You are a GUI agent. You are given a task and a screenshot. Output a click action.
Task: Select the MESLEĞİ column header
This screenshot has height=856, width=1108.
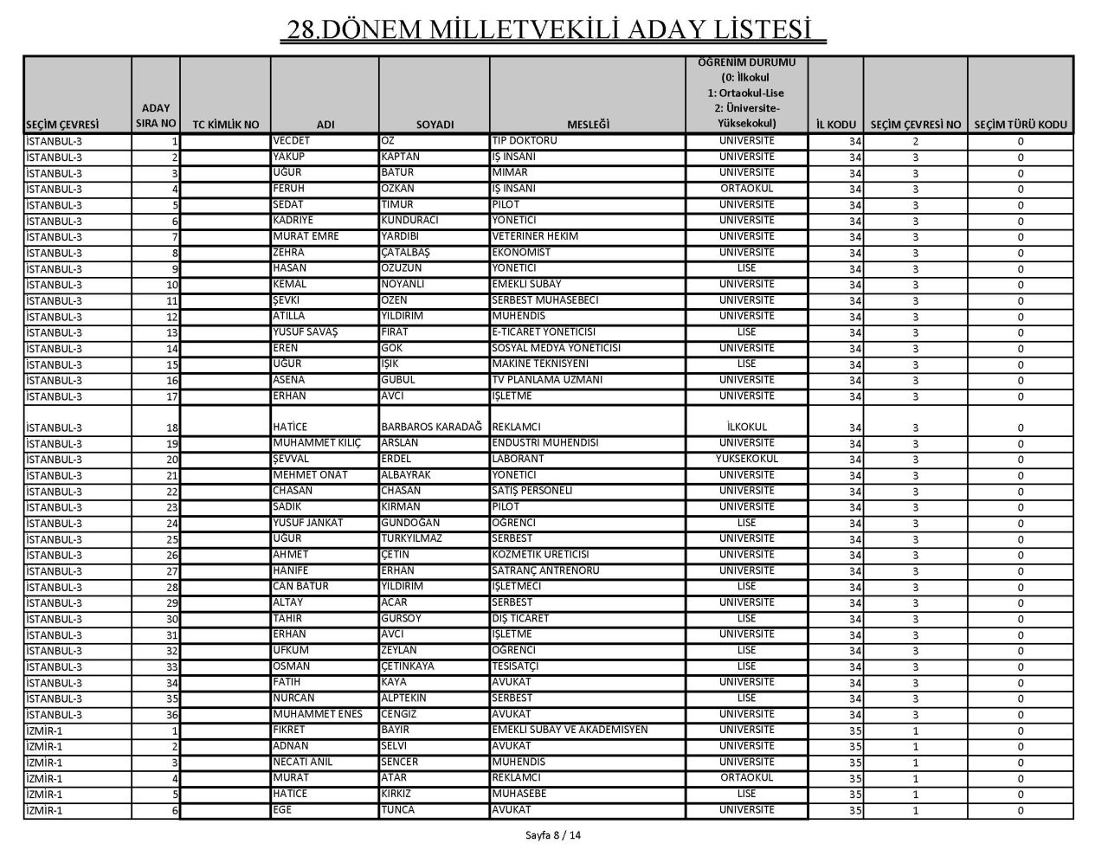(x=588, y=125)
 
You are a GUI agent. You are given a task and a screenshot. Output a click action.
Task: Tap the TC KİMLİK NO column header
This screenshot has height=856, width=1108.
(x=225, y=125)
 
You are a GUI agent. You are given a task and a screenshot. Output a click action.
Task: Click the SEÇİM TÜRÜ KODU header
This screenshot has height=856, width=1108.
(x=1021, y=125)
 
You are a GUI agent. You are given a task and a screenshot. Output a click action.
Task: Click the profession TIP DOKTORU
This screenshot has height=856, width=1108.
(x=525, y=140)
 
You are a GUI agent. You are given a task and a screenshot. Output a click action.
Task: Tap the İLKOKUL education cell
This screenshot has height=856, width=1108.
(x=747, y=427)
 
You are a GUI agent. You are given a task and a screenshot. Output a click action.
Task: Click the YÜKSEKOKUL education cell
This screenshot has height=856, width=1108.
(x=747, y=459)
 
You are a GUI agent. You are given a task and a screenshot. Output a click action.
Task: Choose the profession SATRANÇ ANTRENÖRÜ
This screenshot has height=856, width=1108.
(x=545, y=570)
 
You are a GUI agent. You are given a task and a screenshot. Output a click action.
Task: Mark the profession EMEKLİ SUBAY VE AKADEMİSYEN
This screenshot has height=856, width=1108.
(x=570, y=730)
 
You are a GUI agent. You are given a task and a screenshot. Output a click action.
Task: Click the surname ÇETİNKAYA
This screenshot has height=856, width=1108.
(x=408, y=666)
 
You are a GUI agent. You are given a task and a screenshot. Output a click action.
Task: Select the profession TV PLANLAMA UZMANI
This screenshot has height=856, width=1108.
(x=547, y=380)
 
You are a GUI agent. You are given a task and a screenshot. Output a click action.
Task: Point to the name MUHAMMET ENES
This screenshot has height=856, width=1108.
(x=317, y=714)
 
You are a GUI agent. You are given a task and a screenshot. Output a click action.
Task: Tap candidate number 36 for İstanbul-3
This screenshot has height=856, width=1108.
(x=171, y=715)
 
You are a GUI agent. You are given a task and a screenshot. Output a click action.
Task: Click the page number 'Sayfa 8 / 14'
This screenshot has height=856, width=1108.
(x=554, y=835)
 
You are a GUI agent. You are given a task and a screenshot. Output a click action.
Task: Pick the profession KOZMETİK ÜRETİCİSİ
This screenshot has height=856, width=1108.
(x=540, y=555)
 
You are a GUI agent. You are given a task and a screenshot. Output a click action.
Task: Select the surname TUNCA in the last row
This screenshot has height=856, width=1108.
(x=398, y=810)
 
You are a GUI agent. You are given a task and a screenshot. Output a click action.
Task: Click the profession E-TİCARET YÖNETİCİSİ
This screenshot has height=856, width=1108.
(x=544, y=331)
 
